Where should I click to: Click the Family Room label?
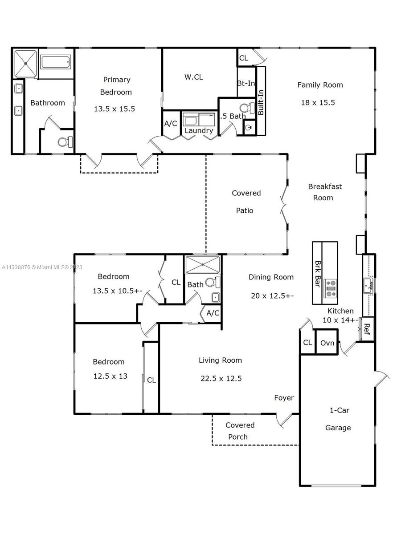[x=320, y=85]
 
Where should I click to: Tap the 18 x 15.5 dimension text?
[x=318, y=103]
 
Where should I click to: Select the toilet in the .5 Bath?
[x=247, y=108]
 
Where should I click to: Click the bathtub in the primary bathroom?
[x=56, y=62]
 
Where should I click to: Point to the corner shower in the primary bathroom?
[x=25, y=64]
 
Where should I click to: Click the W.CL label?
[x=193, y=77]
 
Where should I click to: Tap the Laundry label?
[x=199, y=131]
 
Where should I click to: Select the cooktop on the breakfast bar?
[x=330, y=288]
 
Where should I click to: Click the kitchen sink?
[x=369, y=286]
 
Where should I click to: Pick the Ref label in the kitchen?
[x=367, y=329]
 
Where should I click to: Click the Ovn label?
[x=327, y=343]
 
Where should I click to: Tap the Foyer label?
[x=284, y=398]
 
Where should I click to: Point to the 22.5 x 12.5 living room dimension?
[x=221, y=379]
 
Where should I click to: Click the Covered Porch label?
[x=240, y=431]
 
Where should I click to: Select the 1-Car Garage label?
[x=339, y=419]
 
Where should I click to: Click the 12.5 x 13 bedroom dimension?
[x=110, y=376]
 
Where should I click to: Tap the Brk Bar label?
[x=318, y=274]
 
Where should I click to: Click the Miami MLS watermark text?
[x=42, y=267]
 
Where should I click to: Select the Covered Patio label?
[x=246, y=202]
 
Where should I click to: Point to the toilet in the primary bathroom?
[x=65, y=142]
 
